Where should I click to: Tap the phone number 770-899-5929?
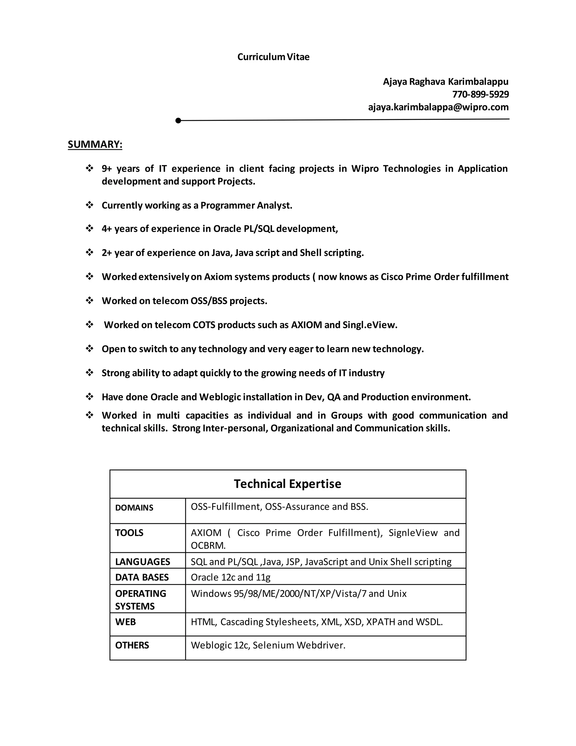coord(480,94)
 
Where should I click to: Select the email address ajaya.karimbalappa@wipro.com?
coord(438,107)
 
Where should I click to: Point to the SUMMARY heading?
coord(95,144)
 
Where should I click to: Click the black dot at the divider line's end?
coord(178,120)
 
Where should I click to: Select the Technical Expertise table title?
coord(287,484)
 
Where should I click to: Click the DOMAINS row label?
coord(134,508)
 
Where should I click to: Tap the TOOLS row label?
coord(129,533)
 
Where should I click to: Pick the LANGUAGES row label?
coord(142,562)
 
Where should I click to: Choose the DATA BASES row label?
coord(142,577)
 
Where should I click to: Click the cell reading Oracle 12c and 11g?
coord(230,577)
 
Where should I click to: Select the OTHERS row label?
coord(132,645)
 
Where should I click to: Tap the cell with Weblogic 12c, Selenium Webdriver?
coord(268,645)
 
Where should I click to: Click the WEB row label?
coord(125,622)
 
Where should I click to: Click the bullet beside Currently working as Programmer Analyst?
coord(89,205)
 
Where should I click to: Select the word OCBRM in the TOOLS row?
coord(208,546)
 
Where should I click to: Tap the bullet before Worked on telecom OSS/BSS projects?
coord(89,301)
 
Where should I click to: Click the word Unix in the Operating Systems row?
coord(397,594)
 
